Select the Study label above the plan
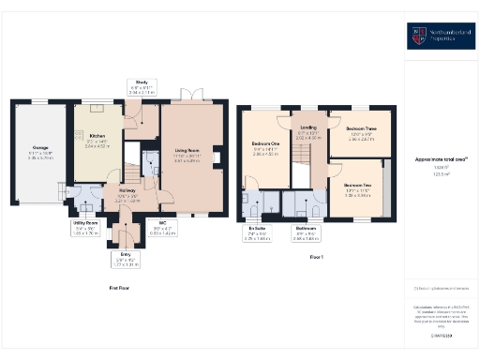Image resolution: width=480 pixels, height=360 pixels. coord(142,82)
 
